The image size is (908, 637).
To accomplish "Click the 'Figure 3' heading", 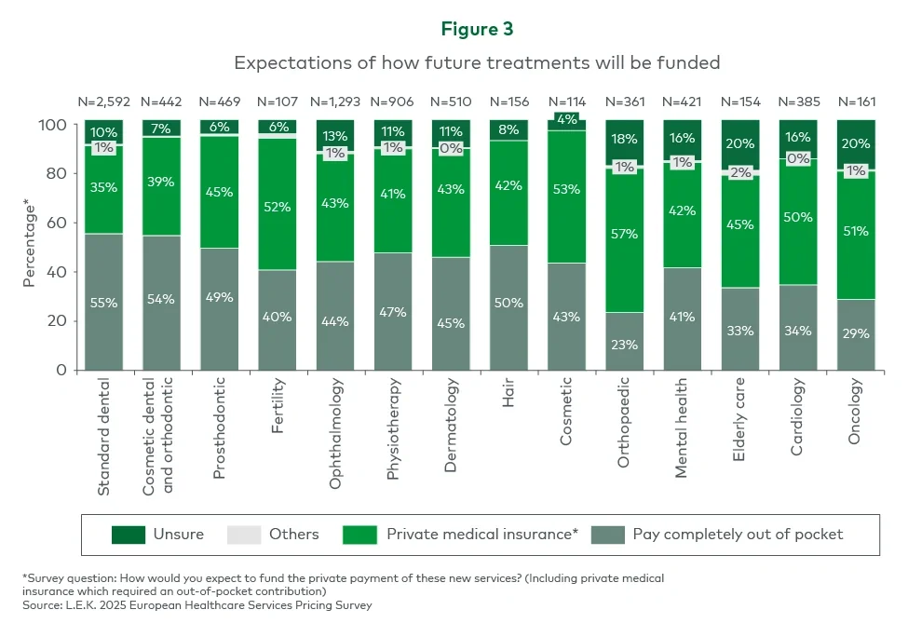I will tap(477, 29).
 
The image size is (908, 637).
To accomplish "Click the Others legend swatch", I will tap(245, 535).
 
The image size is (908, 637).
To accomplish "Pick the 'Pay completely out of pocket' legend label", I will tap(738, 535).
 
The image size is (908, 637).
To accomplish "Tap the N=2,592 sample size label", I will tap(104, 102).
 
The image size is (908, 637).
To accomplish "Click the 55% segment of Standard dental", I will tap(104, 302).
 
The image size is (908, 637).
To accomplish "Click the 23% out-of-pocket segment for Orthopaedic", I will tap(624, 344).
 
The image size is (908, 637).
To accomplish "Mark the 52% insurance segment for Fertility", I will tap(278, 208).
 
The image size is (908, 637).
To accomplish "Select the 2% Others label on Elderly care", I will tap(739, 172).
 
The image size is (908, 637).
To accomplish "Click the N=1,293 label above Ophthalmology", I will tap(335, 102).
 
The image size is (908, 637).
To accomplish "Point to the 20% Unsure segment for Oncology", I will tap(856, 143).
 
